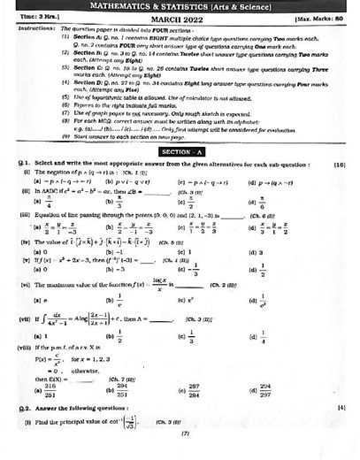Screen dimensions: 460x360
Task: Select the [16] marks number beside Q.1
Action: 340,140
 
